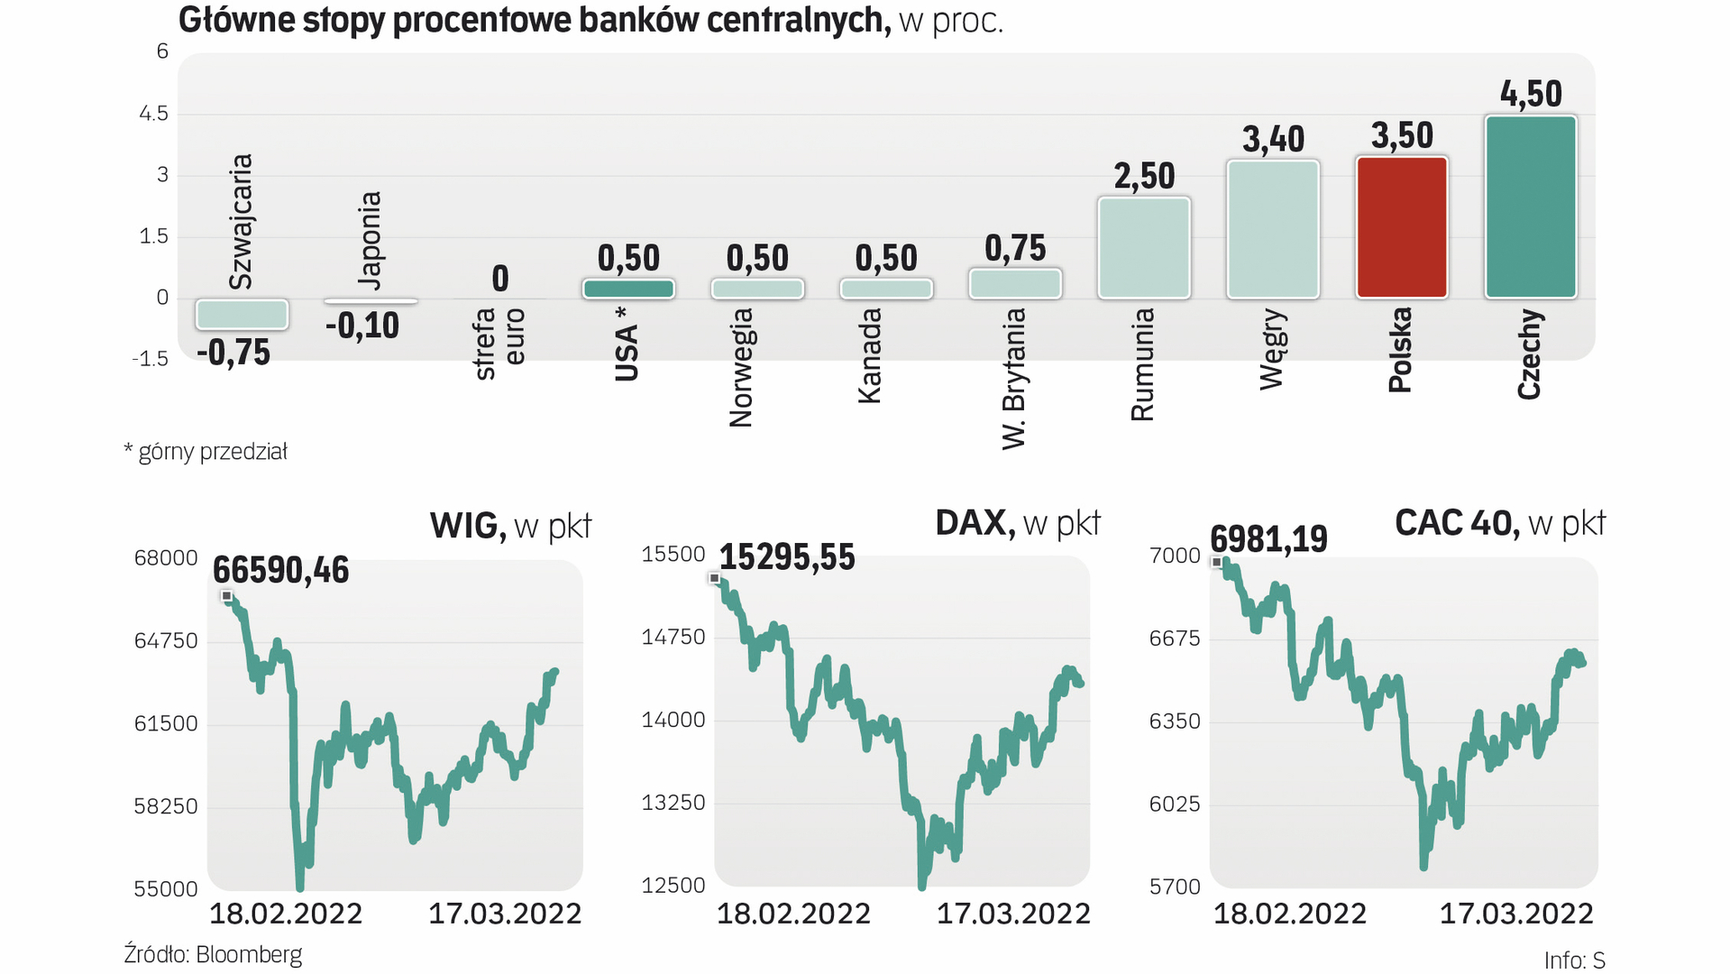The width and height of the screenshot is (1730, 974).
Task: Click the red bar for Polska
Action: (x=1401, y=227)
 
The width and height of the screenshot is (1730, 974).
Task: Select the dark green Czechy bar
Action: (x=1530, y=207)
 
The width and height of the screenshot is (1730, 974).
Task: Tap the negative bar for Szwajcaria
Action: (x=242, y=314)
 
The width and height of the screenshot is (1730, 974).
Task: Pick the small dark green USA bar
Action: (x=628, y=289)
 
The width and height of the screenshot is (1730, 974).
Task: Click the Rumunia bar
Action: (x=1143, y=248)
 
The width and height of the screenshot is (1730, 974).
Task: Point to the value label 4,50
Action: (x=1530, y=94)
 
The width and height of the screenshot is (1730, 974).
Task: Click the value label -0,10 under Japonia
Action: (x=362, y=326)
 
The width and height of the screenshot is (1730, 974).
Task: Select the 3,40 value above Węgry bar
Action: (x=1273, y=139)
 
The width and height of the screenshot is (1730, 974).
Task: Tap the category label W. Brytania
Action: (x=1014, y=378)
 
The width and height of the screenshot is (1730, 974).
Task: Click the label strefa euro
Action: (x=499, y=343)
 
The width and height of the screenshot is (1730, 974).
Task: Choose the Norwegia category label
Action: (x=740, y=367)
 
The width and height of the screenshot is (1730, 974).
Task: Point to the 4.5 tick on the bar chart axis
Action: (x=153, y=114)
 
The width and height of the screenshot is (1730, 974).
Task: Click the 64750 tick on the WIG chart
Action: (x=166, y=641)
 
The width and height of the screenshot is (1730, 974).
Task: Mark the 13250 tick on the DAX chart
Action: (x=673, y=803)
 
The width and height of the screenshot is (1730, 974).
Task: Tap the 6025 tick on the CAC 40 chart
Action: (x=1175, y=804)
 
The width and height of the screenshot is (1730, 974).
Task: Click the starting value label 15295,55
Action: (x=786, y=557)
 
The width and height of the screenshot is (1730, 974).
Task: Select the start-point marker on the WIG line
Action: (x=227, y=596)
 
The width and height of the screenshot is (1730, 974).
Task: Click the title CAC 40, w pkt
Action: (x=1499, y=523)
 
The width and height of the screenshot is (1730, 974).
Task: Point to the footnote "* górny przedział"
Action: (x=206, y=452)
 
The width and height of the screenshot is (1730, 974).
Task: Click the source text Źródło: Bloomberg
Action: (x=213, y=954)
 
